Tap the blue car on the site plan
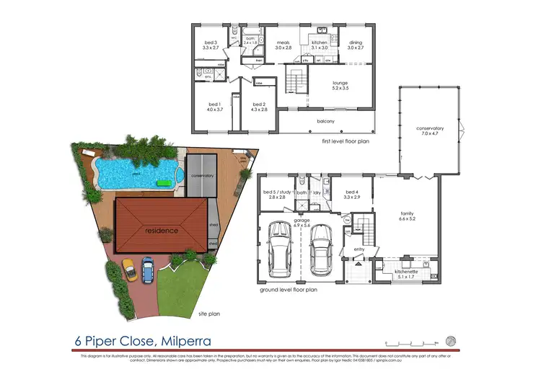[147, 269]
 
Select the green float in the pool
[164, 184]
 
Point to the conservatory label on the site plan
[203, 175]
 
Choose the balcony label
[325, 121]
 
